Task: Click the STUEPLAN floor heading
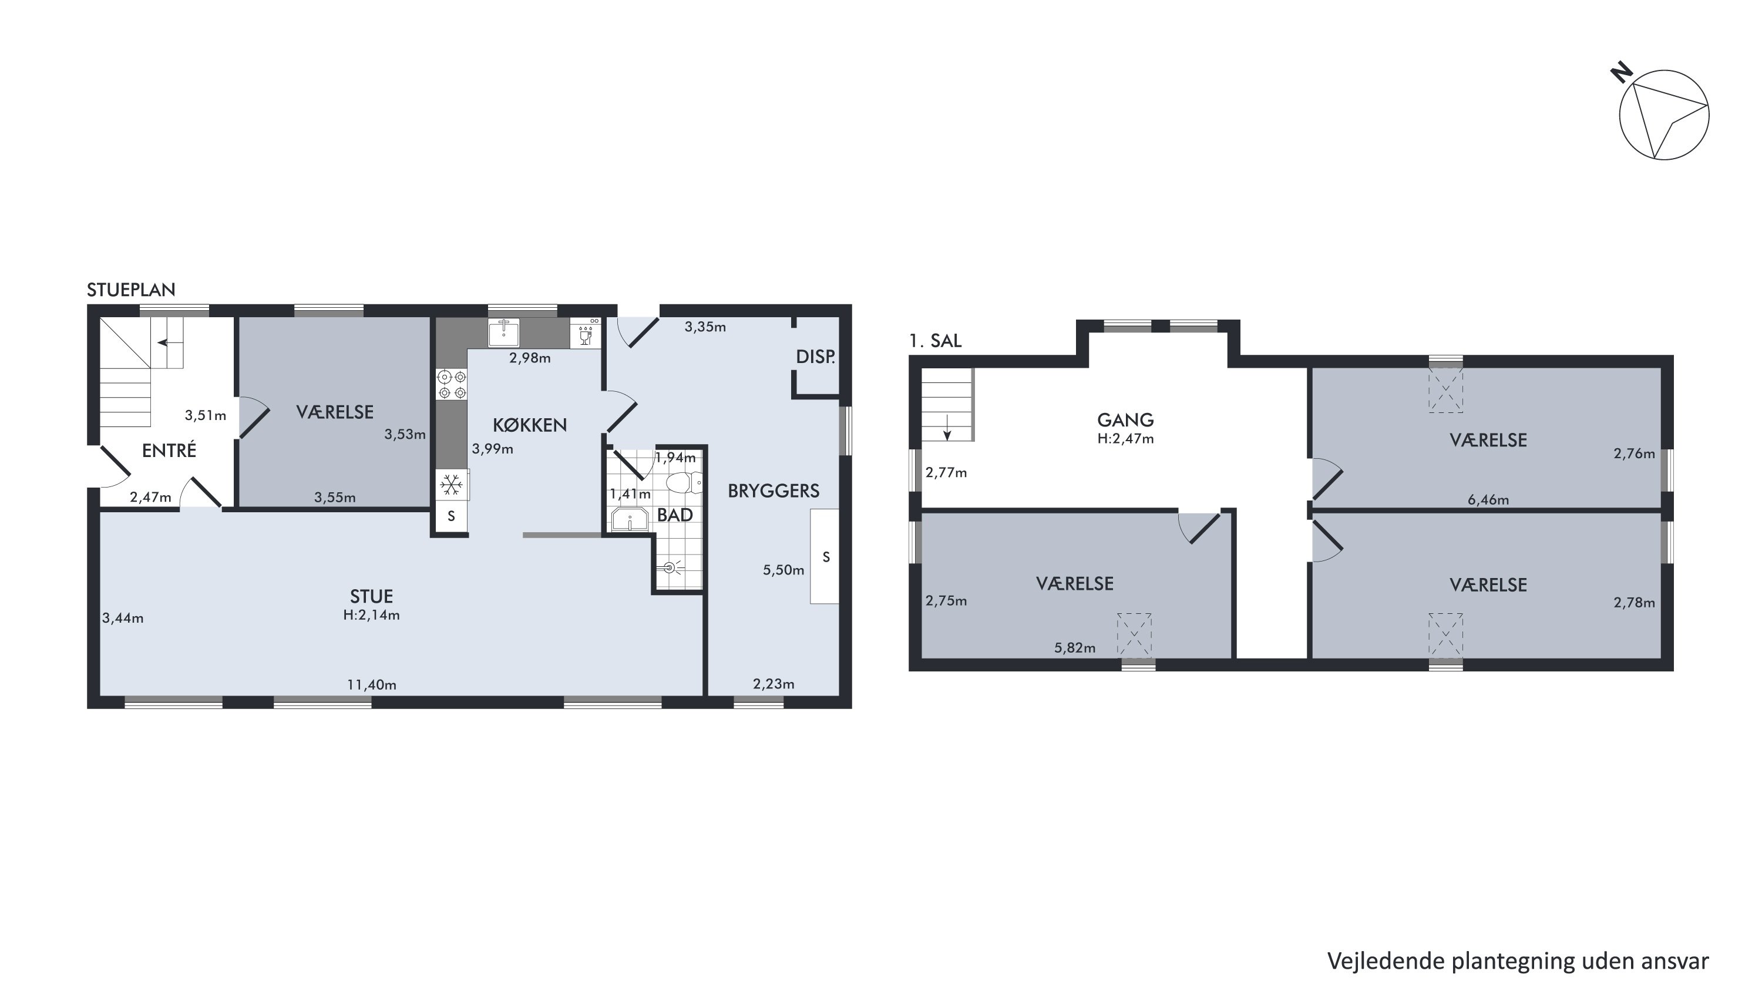click(130, 290)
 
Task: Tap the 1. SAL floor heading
click(935, 341)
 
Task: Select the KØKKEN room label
click(529, 425)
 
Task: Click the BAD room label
click(674, 515)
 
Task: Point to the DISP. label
click(815, 357)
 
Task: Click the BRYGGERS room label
click(773, 491)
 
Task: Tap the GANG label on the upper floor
click(1125, 419)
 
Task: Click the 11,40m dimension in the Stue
click(371, 684)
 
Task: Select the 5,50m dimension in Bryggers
click(783, 570)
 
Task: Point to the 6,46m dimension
click(1488, 499)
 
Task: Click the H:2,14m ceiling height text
click(371, 615)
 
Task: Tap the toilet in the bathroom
click(684, 482)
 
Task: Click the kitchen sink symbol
click(503, 332)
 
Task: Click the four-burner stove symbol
click(452, 384)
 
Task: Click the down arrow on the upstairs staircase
click(947, 426)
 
